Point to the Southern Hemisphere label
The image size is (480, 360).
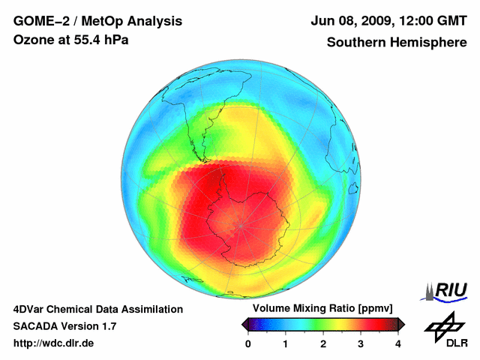(x=396, y=43)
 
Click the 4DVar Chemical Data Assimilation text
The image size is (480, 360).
(x=98, y=309)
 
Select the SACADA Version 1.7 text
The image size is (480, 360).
(x=64, y=326)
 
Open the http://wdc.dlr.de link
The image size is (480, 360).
(x=54, y=343)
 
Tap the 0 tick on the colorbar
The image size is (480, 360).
(x=248, y=343)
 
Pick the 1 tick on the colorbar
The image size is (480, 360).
(x=286, y=343)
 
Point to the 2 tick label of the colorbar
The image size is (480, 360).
(x=323, y=343)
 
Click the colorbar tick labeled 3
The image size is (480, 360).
(x=361, y=343)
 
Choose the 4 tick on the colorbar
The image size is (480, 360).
(x=398, y=343)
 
